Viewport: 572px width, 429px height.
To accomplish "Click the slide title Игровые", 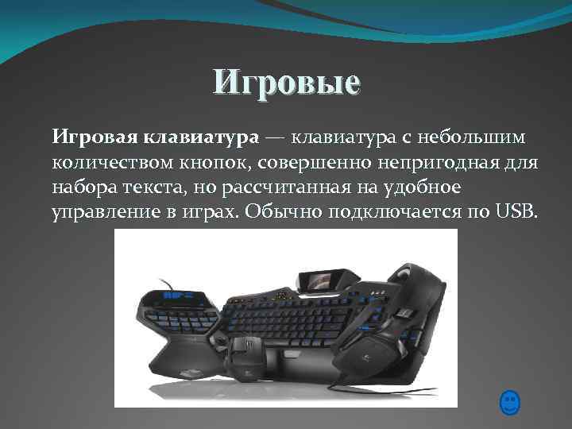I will pos(286,82).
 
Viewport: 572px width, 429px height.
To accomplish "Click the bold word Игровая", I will pos(95,138).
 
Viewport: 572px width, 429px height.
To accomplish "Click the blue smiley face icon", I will pos(510,402).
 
